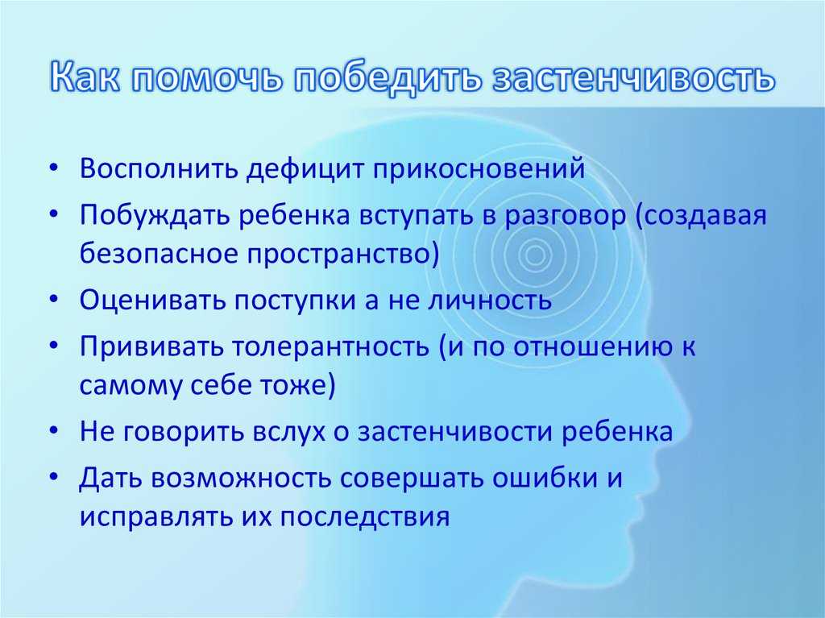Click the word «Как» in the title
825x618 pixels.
(x=85, y=78)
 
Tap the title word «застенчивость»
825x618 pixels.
(x=633, y=78)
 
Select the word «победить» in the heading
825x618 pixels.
(x=388, y=79)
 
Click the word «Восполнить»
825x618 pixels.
(x=158, y=168)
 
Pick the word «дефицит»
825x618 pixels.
(x=305, y=169)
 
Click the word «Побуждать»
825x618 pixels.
(x=154, y=215)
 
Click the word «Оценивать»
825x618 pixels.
(x=152, y=300)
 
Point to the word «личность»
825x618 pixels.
(x=490, y=300)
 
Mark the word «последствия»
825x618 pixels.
(x=365, y=517)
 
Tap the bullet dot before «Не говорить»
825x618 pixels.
(x=53, y=431)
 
